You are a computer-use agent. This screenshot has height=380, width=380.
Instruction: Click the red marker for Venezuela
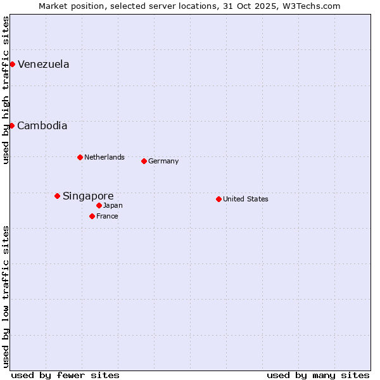[x=12, y=64]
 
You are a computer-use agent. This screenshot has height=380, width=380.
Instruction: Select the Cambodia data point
[x=11, y=125]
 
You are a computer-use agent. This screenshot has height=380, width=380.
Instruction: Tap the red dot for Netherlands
[x=80, y=157]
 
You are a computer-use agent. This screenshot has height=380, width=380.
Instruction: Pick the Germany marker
[x=144, y=161]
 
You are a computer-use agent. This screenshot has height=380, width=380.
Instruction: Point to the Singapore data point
[x=57, y=196]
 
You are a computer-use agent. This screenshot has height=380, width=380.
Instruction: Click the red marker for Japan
[x=99, y=205]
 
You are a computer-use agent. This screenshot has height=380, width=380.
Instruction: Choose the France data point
[x=92, y=216]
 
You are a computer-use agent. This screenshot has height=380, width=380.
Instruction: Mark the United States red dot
[x=218, y=199]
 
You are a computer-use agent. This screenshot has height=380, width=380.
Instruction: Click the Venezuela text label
[x=44, y=64]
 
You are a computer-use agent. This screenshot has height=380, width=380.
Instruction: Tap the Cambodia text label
[x=42, y=125]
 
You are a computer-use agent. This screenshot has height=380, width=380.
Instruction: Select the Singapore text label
[x=88, y=196]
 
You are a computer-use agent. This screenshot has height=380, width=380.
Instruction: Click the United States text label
[x=246, y=199]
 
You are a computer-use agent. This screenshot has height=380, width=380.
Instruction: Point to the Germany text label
[x=163, y=161]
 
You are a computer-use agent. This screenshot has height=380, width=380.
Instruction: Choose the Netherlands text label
[x=104, y=157]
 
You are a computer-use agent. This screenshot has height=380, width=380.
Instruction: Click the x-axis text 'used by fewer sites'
[x=65, y=375]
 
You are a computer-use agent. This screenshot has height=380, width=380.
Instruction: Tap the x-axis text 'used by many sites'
[x=318, y=375]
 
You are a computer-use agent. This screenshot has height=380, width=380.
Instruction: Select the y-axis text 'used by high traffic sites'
[x=6, y=90]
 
